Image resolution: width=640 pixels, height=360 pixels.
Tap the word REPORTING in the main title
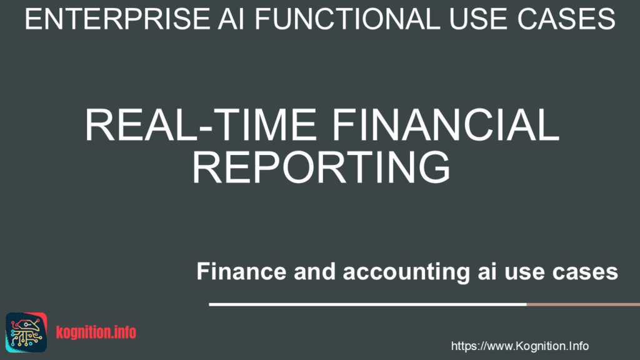pyautogui.click(x=321, y=166)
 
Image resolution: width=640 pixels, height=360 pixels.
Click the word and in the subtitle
pyautogui.click(x=296, y=272)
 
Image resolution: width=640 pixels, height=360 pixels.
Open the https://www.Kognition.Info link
pyautogui.click(x=519, y=346)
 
